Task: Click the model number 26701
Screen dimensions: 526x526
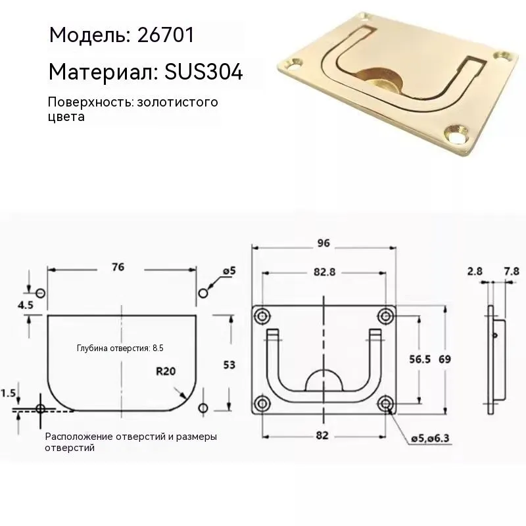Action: click(x=166, y=35)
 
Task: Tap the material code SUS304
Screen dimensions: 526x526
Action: click(x=203, y=72)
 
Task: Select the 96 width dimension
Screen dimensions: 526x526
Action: click(x=323, y=243)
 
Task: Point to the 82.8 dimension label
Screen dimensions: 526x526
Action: click(x=324, y=272)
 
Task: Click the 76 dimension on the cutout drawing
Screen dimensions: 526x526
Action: click(x=118, y=267)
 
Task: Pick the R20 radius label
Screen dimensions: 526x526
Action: click(x=166, y=371)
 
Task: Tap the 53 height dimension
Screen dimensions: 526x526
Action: click(x=229, y=365)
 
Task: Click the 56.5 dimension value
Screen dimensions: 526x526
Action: click(x=419, y=359)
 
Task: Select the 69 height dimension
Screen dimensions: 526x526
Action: click(x=445, y=359)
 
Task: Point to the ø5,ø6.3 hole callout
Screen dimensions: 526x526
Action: click(x=430, y=439)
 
